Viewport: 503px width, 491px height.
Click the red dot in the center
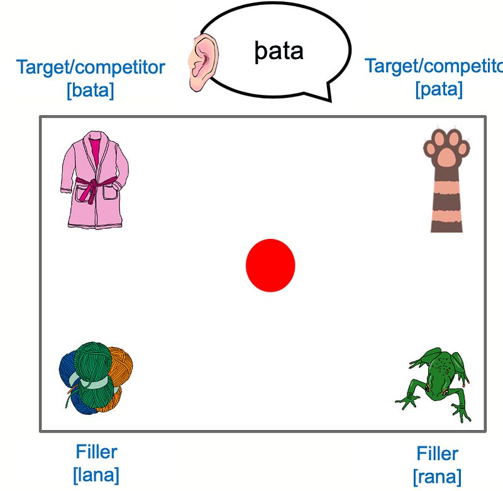[x=270, y=265]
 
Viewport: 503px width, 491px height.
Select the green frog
[x=435, y=383]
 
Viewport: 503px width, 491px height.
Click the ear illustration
[x=202, y=62]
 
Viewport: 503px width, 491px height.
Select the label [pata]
[x=438, y=89]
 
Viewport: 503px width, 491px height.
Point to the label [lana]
[x=96, y=475]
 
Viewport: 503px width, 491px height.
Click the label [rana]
[x=437, y=476]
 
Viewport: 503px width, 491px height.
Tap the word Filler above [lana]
[x=96, y=451]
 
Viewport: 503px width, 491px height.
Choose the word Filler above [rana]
[x=437, y=453]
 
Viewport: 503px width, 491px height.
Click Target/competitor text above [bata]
[x=91, y=67]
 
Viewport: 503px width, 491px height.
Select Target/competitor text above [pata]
[x=434, y=66]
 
